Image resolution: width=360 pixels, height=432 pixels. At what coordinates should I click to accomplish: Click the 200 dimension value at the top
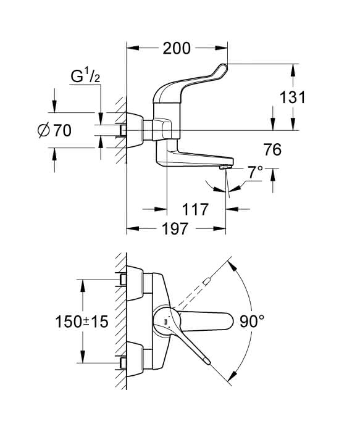tap(177, 48)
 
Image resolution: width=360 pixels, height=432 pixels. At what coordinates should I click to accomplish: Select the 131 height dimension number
tap(293, 98)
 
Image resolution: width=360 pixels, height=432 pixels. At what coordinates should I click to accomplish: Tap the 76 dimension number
tap(272, 149)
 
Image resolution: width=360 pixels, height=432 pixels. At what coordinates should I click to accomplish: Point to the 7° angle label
tap(255, 173)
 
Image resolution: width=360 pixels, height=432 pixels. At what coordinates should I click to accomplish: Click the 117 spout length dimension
tap(195, 209)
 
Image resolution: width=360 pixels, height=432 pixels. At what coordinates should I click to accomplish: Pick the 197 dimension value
tap(175, 229)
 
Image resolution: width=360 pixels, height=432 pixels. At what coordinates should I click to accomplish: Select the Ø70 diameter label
tap(54, 130)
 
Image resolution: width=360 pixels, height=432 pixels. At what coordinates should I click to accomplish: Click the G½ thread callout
tap(85, 76)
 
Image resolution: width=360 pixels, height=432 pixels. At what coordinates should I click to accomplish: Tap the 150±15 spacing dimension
tap(82, 322)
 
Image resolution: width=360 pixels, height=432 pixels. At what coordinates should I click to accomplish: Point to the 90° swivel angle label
tap(252, 322)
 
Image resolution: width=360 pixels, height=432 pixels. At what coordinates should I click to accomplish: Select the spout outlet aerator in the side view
tap(226, 167)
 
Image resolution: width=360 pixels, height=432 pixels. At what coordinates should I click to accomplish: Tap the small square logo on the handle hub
tap(166, 322)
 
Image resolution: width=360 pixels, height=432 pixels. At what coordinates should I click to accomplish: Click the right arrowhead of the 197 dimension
tap(220, 229)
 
